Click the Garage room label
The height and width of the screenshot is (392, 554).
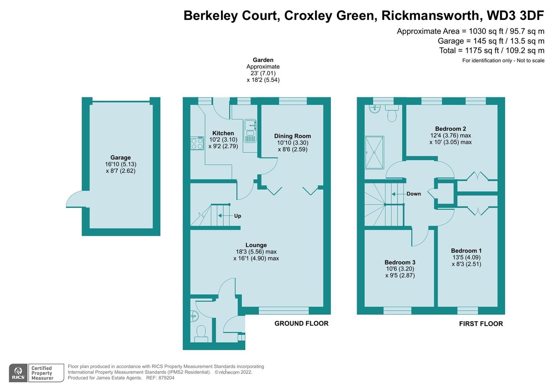[120, 158]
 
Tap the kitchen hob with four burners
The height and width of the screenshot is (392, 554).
[197, 143]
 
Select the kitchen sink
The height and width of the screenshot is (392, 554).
[250, 130]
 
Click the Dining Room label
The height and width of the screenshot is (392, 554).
[292, 136]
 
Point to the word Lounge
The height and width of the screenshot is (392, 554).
[256, 245]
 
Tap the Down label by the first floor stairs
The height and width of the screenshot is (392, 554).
[413, 194]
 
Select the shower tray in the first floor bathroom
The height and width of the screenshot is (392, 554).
[374, 152]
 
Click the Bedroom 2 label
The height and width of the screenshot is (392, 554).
[450, 128]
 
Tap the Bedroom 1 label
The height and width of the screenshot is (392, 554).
[466, 250]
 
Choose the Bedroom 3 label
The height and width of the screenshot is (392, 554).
[400, 262]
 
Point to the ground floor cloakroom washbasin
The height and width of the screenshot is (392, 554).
[194, 316]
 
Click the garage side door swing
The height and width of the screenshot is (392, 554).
[75, 199]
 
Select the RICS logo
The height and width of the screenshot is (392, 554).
[18, 373]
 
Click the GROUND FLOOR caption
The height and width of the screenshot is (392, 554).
[301, 323]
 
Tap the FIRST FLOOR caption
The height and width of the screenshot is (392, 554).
[481, 324]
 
